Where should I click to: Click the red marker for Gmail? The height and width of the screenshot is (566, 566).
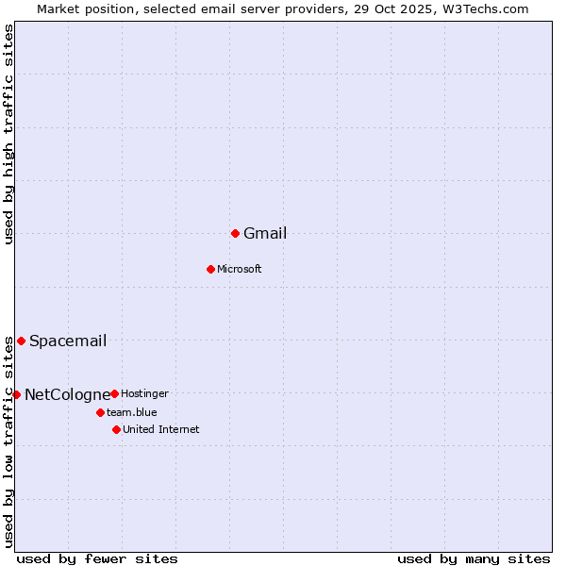click(x=235, y=233)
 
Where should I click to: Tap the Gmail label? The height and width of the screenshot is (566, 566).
click(x=265, y=234)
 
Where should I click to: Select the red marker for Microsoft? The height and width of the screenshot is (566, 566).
click(x=210, y=269)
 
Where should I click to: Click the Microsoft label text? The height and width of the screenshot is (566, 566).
click(x=239, y=270)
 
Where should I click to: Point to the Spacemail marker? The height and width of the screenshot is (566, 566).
click(x=21, y=341)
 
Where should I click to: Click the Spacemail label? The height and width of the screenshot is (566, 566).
click(x=68, y=341)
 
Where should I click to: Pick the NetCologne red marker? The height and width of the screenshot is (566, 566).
click(x=16, y=394)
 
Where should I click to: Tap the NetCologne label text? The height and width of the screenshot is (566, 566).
click(x=67, y=395)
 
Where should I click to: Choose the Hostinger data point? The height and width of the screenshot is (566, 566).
click(x=114, y=393)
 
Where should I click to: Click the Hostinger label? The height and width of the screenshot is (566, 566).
click(x=144, y=394)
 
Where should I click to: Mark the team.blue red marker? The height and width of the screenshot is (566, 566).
click(x=100, y=412)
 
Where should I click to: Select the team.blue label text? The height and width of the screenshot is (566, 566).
click(x=132, y=413)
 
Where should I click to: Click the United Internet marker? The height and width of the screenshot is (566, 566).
click(x=116, y=429)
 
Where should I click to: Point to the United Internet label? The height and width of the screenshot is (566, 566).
click(x=161, y=430)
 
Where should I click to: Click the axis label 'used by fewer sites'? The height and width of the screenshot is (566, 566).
click(x=97, y=558)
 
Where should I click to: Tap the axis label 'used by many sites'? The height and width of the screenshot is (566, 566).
click(x=474, y=558)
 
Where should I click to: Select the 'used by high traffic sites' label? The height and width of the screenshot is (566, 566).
click(x=9, y=135)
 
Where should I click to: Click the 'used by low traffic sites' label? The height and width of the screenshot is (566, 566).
click(x=9, y=441)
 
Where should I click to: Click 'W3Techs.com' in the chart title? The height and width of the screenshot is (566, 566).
click(x=489, y=8)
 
